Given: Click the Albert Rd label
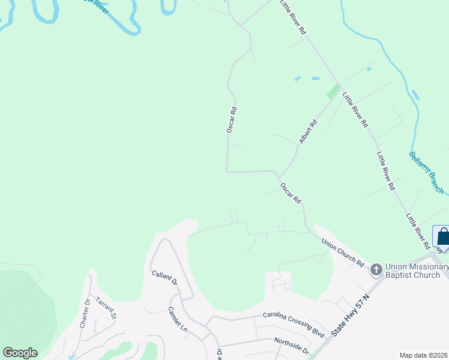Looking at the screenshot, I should [x=308, y=131].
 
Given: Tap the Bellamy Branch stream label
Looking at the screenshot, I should [x=426, y=172].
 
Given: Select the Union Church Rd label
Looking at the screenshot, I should [x=342, y=253].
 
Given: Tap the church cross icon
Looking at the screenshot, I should [x=376, y=269].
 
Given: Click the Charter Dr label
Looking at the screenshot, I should [x=85, y=313].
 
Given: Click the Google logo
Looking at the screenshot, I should [x=20, y=353].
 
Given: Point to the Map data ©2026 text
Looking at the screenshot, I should [x=423, y=355].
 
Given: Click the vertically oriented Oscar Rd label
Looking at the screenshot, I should [x=232, y=119].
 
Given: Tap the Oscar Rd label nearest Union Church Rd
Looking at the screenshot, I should [x=290, y=193].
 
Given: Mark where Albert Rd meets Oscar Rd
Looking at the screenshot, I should [x=279, y=175].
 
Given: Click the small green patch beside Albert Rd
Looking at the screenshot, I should [x=333, y=92].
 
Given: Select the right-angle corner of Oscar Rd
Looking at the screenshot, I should [x=227, y=172].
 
